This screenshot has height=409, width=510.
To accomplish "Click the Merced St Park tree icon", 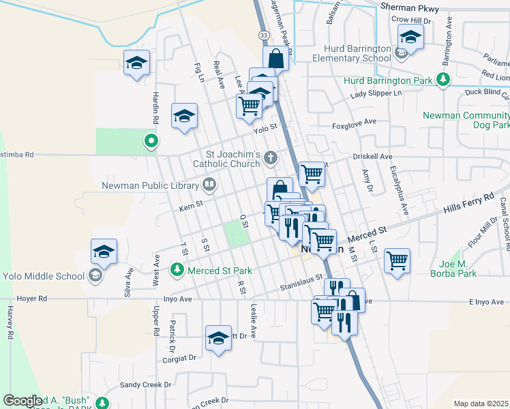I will point(178,271).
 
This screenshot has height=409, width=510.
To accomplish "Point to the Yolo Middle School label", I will point(43,276).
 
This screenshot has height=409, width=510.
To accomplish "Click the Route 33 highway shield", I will point(264,34).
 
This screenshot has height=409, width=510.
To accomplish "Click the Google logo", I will point(23,401).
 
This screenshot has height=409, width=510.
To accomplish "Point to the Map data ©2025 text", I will point(481,404).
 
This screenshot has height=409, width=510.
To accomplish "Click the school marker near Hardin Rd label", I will point(136,63).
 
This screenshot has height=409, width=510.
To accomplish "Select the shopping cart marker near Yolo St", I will point(250,106).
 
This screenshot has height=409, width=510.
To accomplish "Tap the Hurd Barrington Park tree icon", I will point(444,80).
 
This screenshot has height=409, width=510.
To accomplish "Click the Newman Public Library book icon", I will point(209,184).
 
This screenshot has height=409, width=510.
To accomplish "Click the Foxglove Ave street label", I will point(354,122).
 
